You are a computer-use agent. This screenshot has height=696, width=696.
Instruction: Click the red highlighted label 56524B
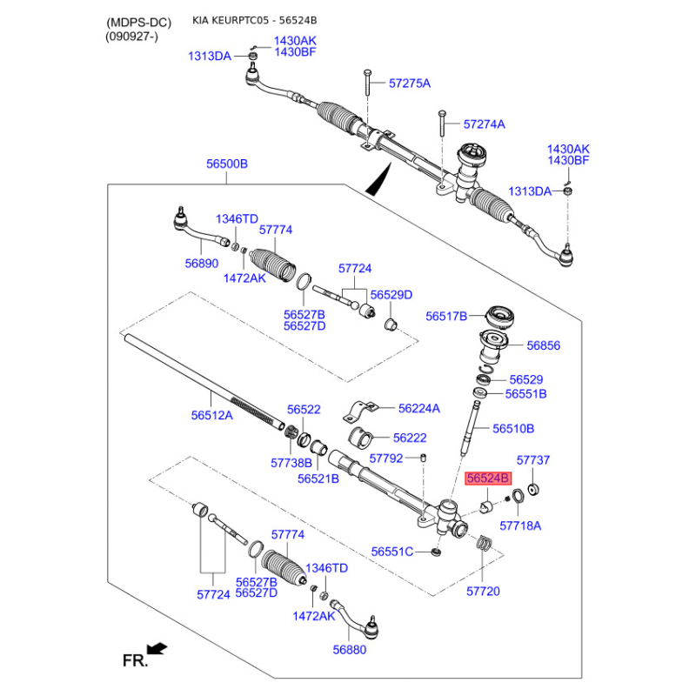point(488,478)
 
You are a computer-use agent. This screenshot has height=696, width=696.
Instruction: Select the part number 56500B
point(227,164)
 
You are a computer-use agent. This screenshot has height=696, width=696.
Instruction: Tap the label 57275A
point(410,84)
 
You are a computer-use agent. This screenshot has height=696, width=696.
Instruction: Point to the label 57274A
point(485,124)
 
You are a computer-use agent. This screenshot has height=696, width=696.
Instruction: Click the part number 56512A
point(211,416)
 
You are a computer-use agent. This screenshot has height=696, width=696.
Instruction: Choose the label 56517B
point(446,317)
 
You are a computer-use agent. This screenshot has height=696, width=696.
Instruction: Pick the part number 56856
point(543,345)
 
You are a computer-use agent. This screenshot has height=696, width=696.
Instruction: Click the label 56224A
point(419,408)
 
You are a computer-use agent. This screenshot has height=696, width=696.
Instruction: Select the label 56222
point(410,438)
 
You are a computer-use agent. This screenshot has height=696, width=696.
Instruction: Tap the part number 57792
point(386,458)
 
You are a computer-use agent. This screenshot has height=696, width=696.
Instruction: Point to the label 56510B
point(513,429)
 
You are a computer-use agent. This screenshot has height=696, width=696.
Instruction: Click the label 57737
point(533,460)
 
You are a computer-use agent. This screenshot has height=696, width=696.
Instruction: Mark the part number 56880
point(350,650)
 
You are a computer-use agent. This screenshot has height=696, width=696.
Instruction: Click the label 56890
point(202,264)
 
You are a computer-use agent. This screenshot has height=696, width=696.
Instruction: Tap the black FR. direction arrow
point(157,649)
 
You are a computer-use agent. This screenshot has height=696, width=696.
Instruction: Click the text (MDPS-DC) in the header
point(139,23)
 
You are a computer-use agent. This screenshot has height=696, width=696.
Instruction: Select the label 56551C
point(392,552)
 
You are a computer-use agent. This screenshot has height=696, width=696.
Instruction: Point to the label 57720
point(483,592)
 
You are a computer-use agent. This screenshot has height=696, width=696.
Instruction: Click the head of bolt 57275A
point(366,72)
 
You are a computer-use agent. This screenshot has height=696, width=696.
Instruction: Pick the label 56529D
point(391,295)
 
